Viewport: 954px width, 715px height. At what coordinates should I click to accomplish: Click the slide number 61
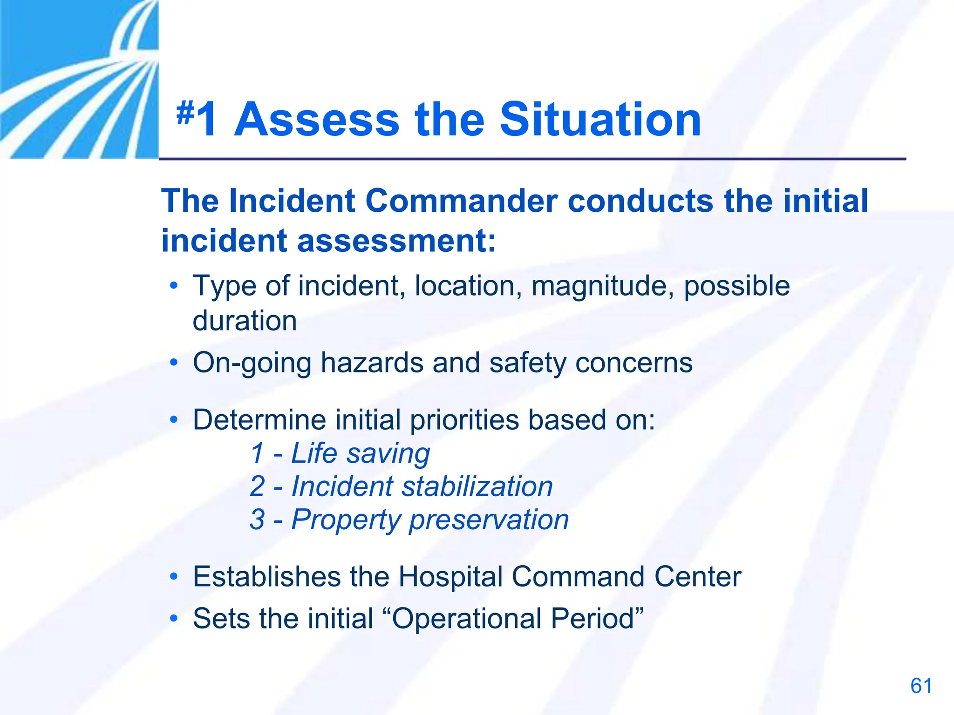click(921, 686)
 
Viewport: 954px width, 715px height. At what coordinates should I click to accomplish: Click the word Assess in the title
click(317, 120)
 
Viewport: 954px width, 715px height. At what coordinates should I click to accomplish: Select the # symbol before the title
click(185, 113)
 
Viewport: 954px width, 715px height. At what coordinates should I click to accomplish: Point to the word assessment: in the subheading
click(396, 241)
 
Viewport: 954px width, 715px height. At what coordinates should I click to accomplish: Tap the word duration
click(245, 321)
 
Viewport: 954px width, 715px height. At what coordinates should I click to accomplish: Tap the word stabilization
click(477, 486)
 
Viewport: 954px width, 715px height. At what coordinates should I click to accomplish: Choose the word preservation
click(489, 520)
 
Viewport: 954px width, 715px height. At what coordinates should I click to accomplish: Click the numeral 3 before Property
click(257, 519)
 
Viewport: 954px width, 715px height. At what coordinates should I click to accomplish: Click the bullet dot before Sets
click(174, 619)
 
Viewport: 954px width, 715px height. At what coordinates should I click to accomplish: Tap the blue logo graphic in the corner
click(79, 79)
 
